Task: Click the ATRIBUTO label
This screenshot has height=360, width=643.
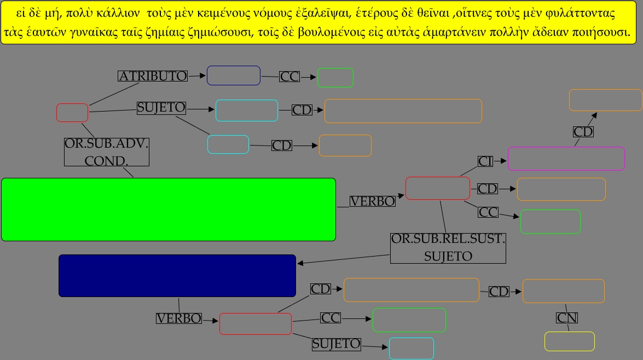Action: click(x=153, y=76)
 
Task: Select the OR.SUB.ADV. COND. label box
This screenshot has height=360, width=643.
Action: click(x=107, y=152)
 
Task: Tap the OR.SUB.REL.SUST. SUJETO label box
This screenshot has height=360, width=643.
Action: click(x=448, y=248)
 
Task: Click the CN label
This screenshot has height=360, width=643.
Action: click(x=567, y=318)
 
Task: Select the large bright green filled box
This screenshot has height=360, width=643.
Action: click(x=168, y=209)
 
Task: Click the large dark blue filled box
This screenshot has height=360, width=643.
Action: click(x=177, y=276)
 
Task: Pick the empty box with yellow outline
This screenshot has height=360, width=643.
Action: click(x=569, y=341)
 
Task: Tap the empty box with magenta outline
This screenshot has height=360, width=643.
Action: click(x=566, y=159)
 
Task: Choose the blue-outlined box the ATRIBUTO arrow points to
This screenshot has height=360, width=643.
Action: click(x=233, y=76)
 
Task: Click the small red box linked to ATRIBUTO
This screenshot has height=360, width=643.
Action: click(x=72, y=113)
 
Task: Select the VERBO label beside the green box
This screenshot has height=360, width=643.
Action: click(x=372, y=201)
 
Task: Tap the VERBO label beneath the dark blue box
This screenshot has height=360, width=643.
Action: click(x=179, y=318)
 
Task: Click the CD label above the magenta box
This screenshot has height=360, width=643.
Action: click(x=583, y=132)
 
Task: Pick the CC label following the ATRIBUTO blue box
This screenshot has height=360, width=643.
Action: click(x=289, y=77)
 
